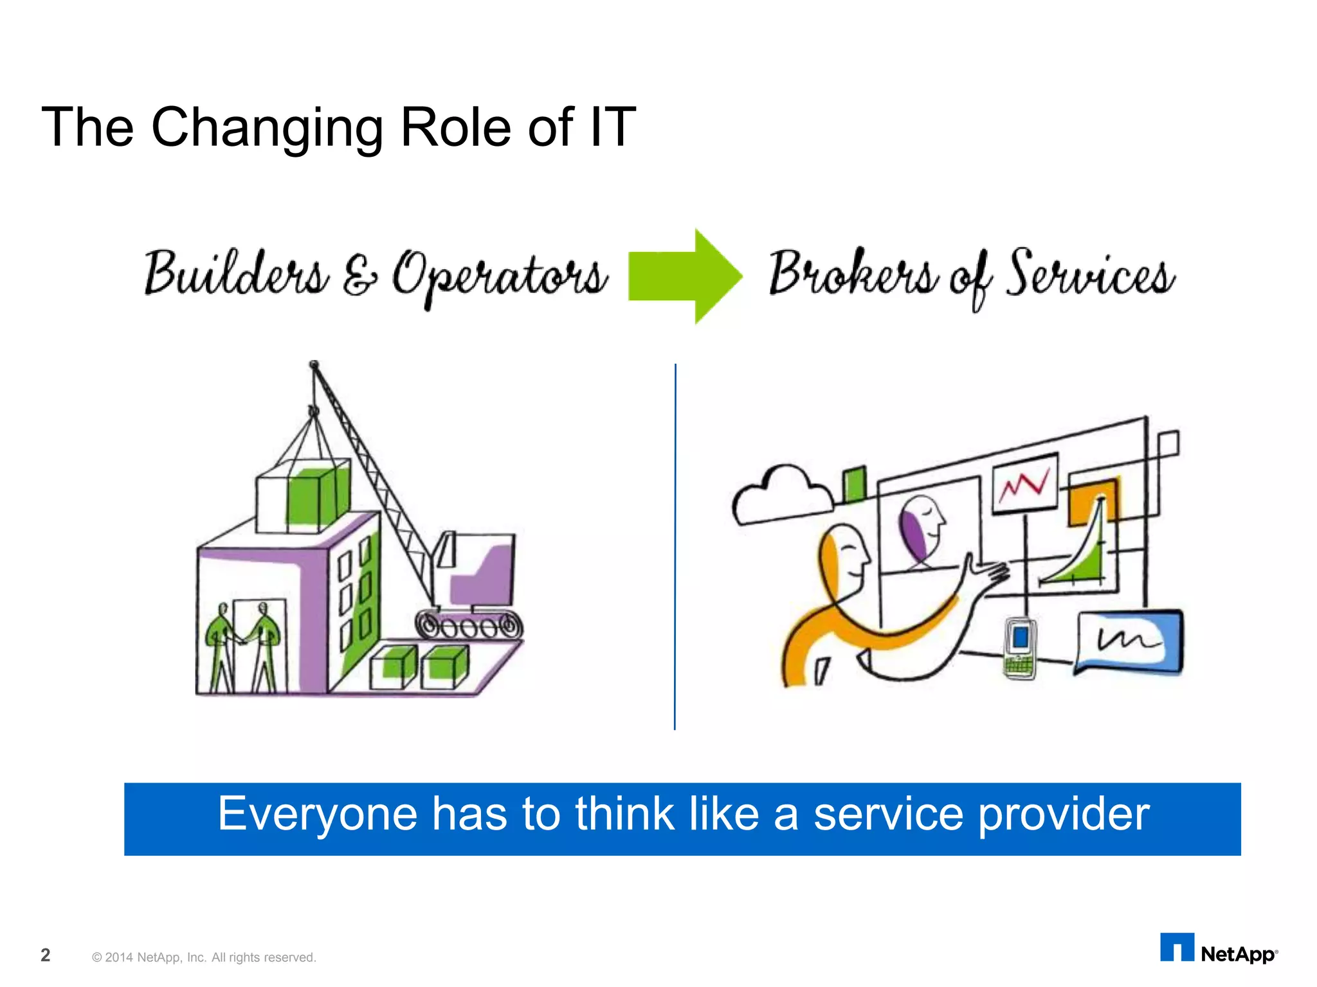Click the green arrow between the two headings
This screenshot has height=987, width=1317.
pos(685,276)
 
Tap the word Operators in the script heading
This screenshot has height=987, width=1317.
pos(500,276)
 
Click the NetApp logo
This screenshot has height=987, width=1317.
pos(1218,949)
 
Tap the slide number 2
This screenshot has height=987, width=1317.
pos(45,955)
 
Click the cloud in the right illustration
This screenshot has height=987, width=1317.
pos(781,495)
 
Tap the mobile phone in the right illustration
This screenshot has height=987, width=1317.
pos(1020,647)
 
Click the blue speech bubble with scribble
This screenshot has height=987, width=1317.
pos(1129,641)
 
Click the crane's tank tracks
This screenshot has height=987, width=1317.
pos(469,625)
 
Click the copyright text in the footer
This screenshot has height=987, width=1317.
pos(204,957)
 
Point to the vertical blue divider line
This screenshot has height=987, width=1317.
pos(675,546)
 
